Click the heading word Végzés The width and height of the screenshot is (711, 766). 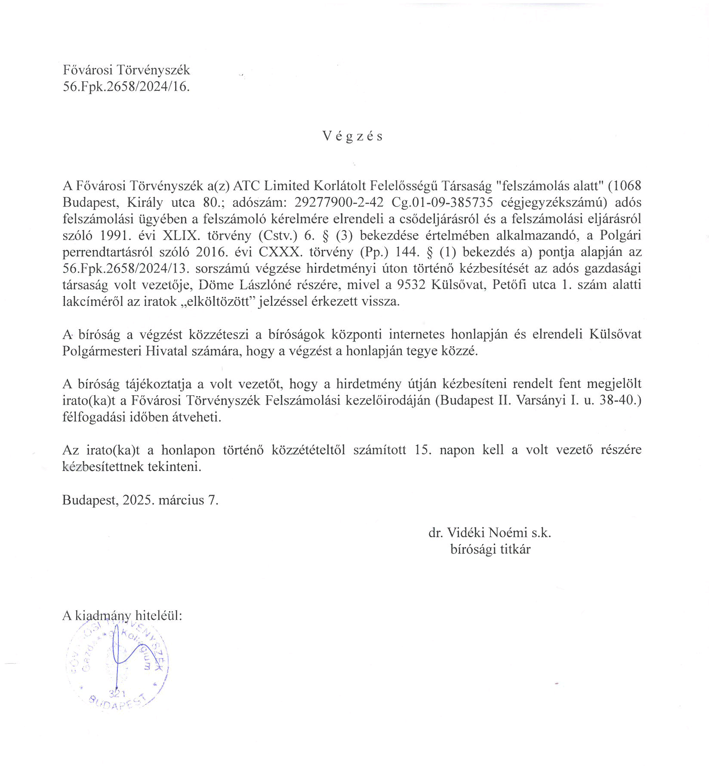pos(352,136)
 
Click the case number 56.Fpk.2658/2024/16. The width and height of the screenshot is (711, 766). pos(126,87)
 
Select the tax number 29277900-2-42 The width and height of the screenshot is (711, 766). pos(339,203)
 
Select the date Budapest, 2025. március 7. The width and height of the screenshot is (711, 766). pos(140,500)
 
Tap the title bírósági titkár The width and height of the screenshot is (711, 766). pos(490,549)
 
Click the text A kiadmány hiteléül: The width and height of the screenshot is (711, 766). pos(122,615)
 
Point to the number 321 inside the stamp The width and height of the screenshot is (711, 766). pos(117,693)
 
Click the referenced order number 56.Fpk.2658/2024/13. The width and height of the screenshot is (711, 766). pos(126,269)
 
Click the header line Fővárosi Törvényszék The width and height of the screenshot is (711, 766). pos(126,70)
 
